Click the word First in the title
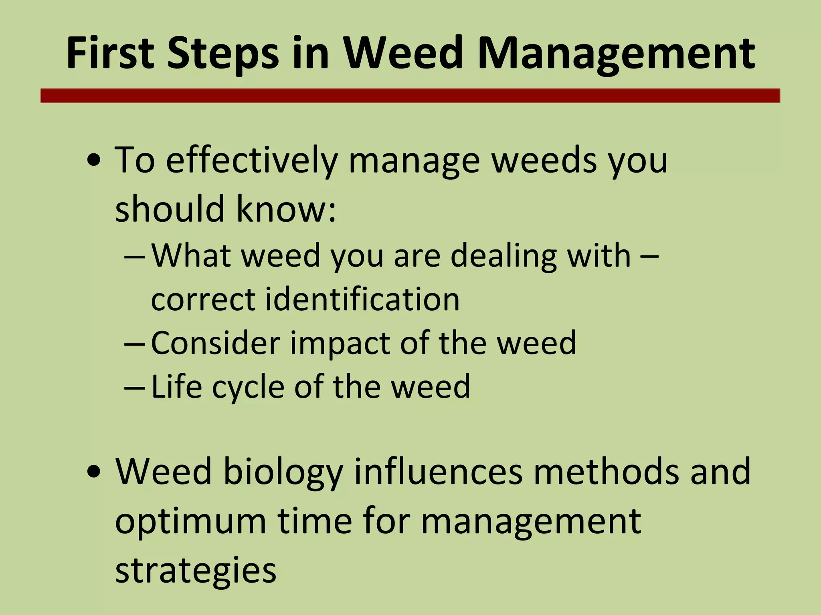(110, 53)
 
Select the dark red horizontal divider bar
(410, 96)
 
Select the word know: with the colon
(286, 209)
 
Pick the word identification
(362, 299)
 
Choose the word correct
(203, 300)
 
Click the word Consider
(215, 343)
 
